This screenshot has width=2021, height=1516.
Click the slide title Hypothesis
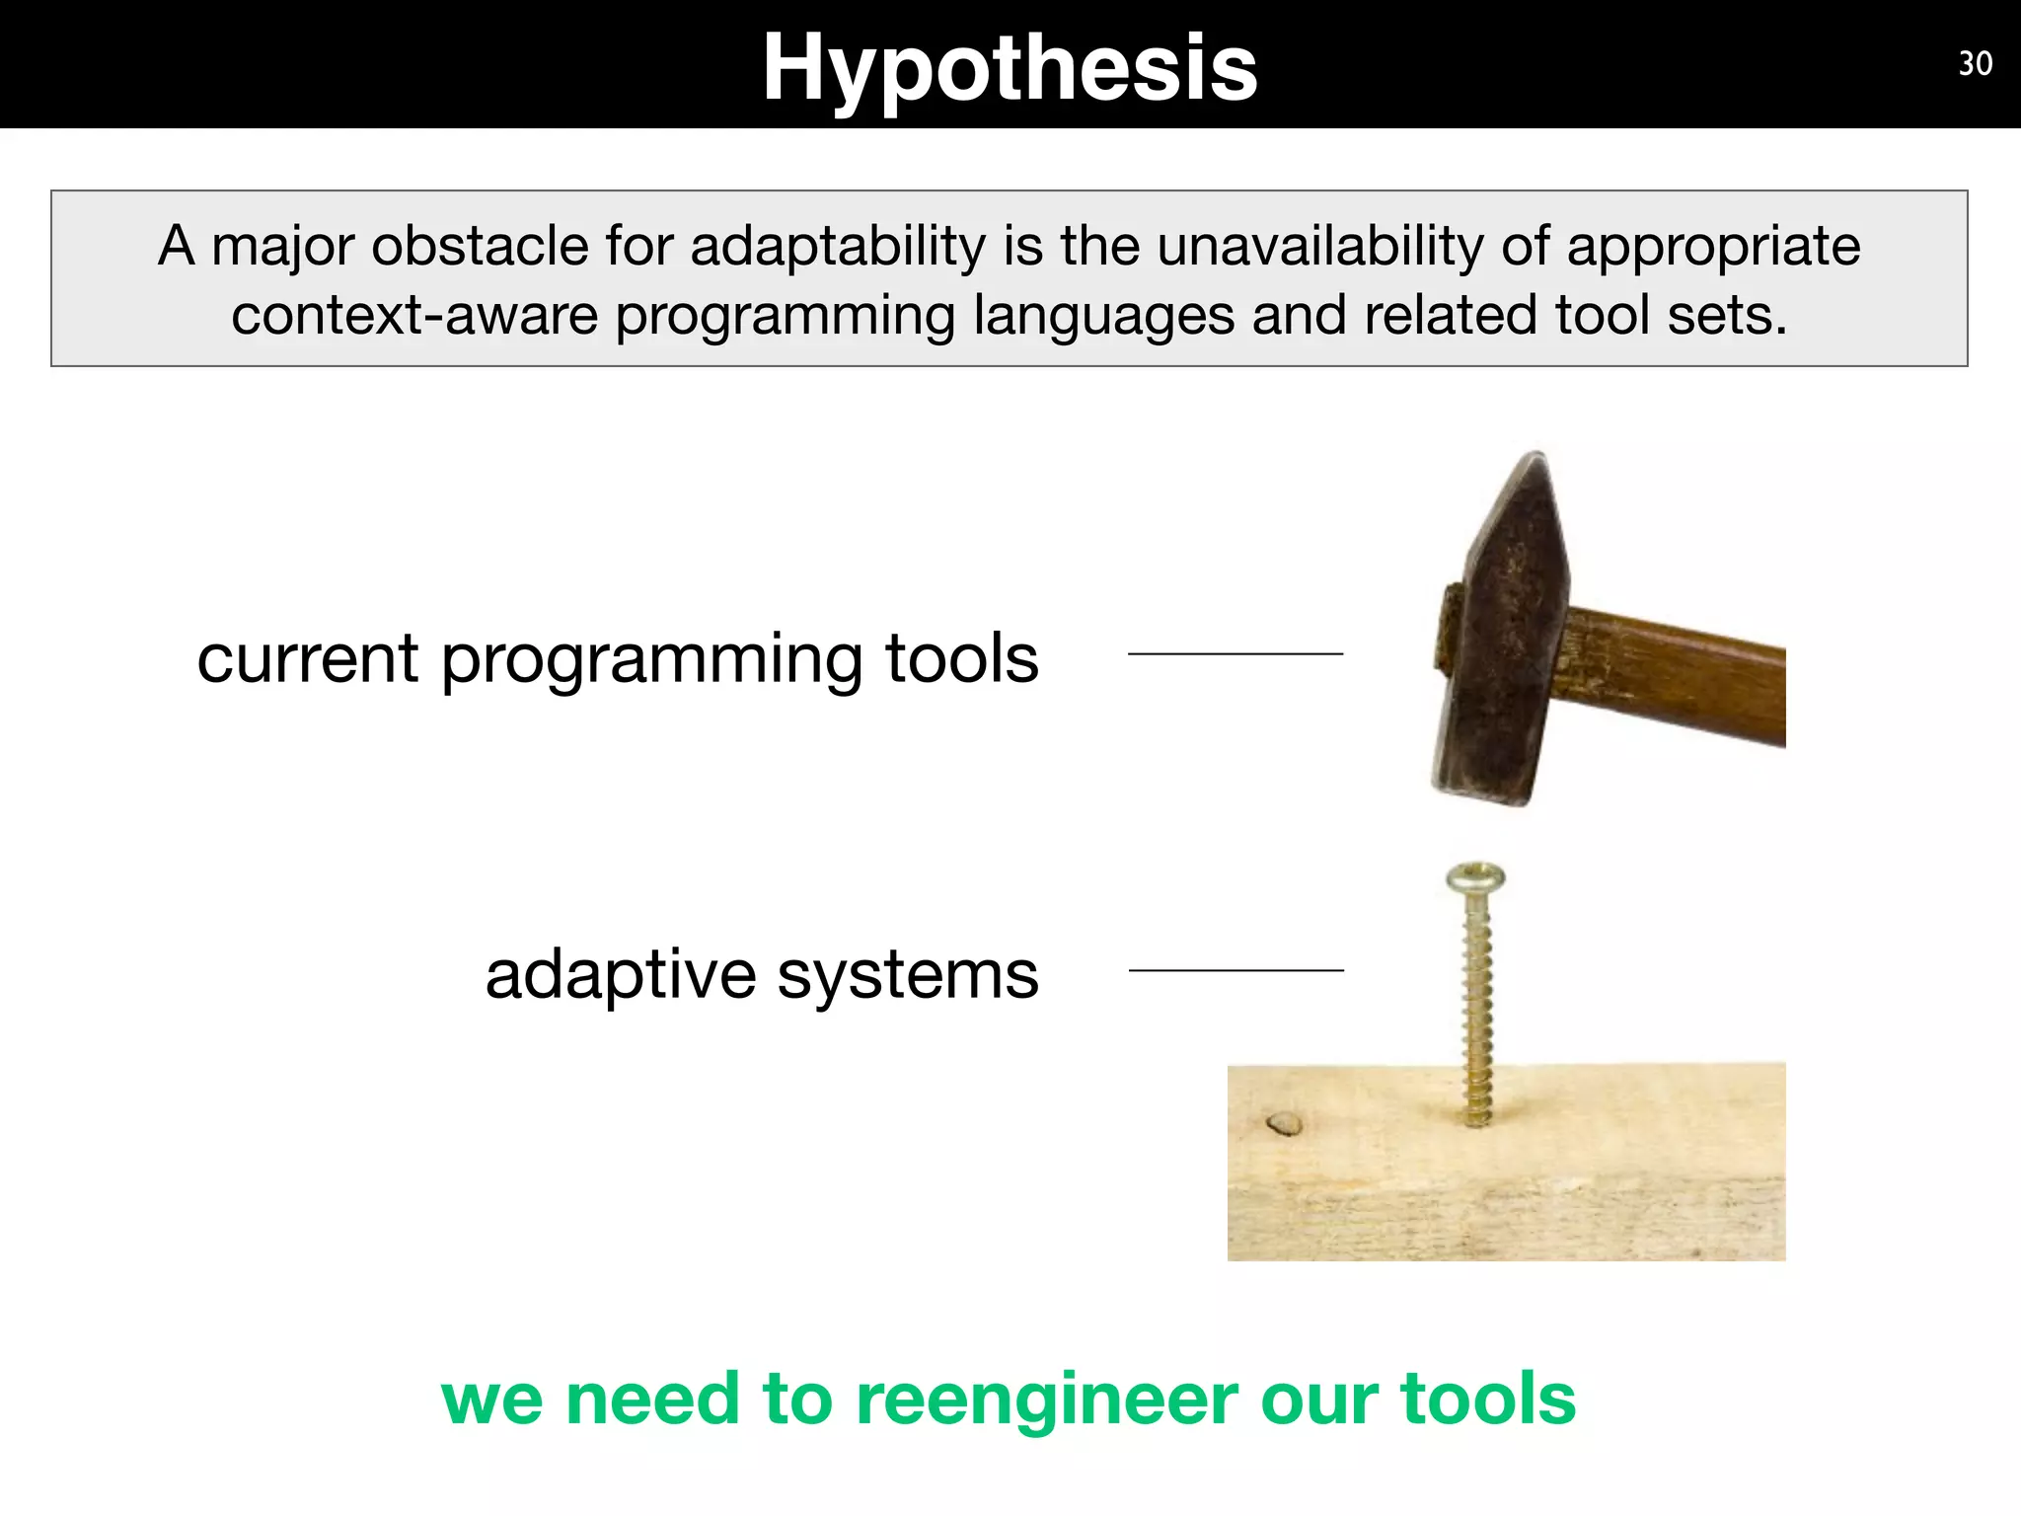[x=1010, y=67]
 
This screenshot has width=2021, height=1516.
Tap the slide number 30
[x=1975, y=64]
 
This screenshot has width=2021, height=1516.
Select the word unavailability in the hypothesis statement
[x=1319, y=246]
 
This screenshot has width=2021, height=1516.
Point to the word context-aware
[x=414, y=316]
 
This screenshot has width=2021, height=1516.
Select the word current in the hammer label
[x=307, y=658]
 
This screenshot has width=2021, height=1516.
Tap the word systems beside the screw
[x=907, y=976]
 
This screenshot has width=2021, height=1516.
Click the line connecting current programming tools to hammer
[x=1235, y=653]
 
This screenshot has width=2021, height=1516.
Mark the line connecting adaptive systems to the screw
[x=1235, y=970]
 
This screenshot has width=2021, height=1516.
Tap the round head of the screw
[x=1475, y=877]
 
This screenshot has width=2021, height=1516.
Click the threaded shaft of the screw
[x=1476, y=1007]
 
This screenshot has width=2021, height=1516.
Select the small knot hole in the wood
[x=1284, y=1123]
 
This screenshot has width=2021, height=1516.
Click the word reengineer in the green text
[x=1047, y=1400]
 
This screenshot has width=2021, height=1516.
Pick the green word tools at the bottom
[x=1487, y=1400]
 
